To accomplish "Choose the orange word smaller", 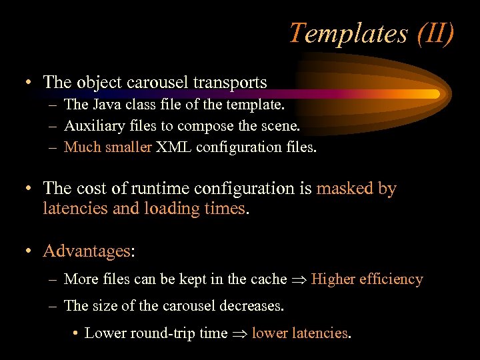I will click(x=129, y=147).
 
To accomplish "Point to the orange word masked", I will click(x=345, y=189).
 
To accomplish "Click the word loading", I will click(x=171, y=209).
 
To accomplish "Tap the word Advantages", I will click(x=87, y=251).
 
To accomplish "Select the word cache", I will click(x=267, y=279).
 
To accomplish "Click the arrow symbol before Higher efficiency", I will click(x=299, y=280).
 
